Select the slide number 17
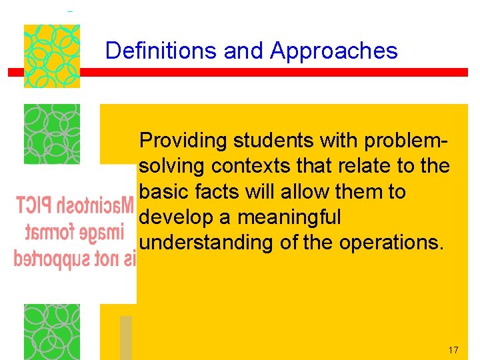(x=453, y=350)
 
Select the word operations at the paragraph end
(x=390, y=243)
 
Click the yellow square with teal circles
(x=52, y=56)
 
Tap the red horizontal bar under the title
(x=240, y=73)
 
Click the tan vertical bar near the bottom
(x=125, y=337)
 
